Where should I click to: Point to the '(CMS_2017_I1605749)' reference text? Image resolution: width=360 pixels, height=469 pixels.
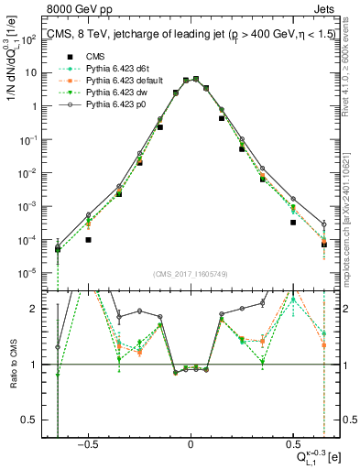tap(190, 275)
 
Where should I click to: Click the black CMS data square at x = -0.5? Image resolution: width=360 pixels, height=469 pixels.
tap(89, 239)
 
